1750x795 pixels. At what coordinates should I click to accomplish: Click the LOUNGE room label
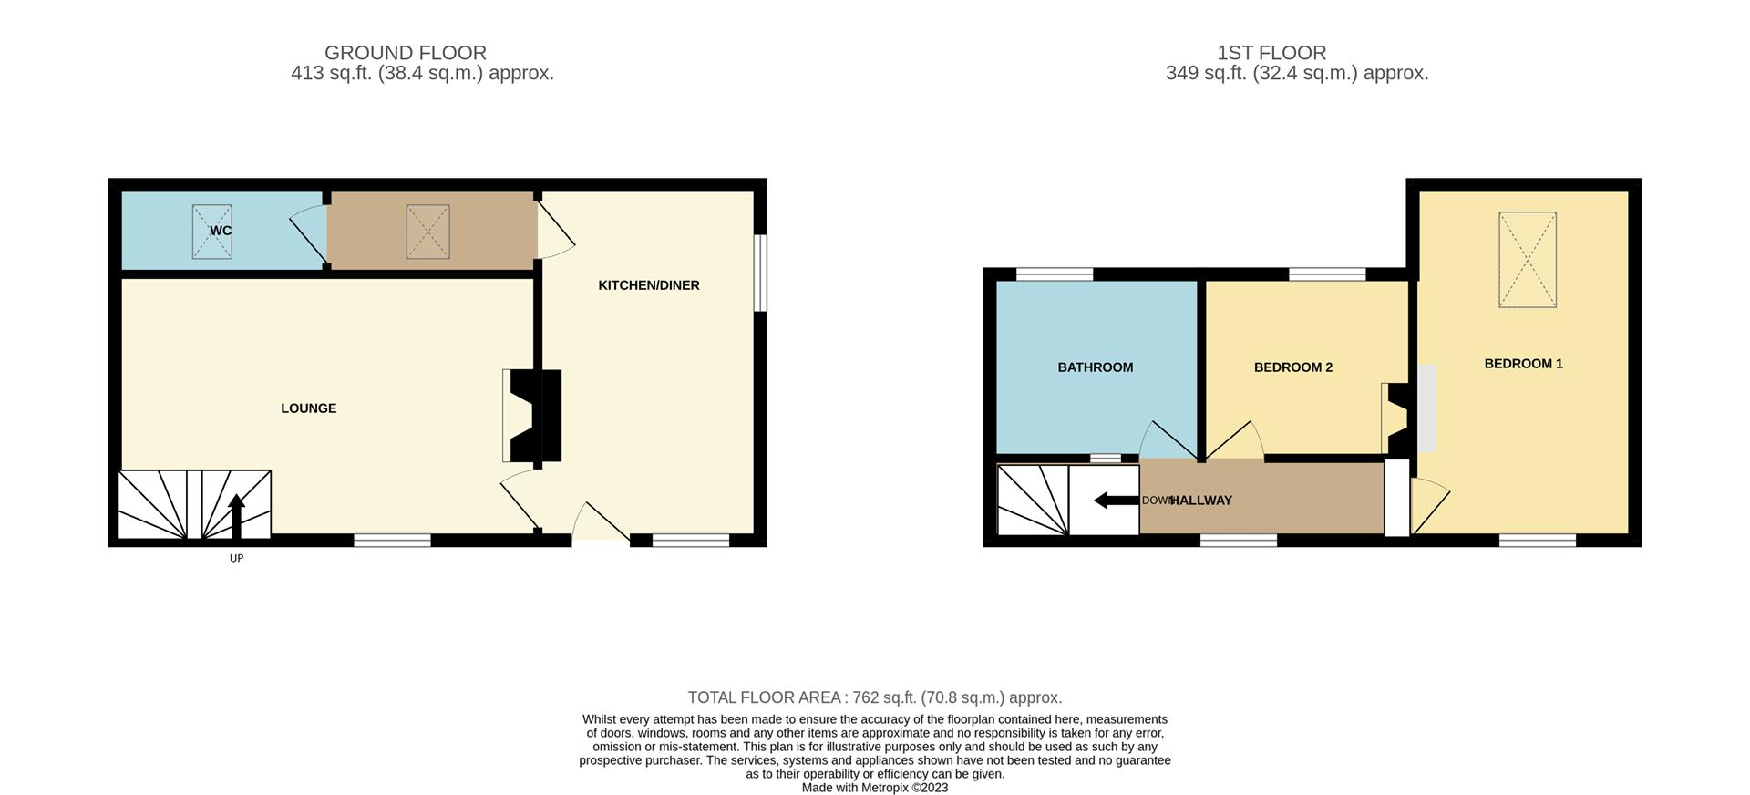coord(308,408)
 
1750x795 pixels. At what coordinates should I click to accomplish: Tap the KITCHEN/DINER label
coord(648,285)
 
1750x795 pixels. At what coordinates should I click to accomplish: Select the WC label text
coord(221,231)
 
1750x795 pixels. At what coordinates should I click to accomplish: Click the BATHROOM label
coord(1095,367)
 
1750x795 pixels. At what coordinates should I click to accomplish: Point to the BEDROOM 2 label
coord(1292,367)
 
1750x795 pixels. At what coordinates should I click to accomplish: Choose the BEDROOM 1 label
coord(1523,364)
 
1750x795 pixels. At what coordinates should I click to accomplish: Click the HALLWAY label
coord(1200,501)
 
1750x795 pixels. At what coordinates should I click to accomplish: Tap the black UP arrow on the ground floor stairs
coord(236,515)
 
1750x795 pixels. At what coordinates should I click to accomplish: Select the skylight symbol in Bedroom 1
coord(1528,260)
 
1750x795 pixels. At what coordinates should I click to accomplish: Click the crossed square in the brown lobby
coord(427,232)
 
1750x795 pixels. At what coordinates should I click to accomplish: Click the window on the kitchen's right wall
coord(760,274)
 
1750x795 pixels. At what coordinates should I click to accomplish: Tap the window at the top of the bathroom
coord(1054,274)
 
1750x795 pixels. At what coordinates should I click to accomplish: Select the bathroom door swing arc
coord(1167,440)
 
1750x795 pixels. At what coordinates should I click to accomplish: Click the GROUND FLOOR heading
coord(406,53)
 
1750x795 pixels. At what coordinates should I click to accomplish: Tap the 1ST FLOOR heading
coord(1271,53)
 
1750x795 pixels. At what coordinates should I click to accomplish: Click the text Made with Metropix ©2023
coord(874,788)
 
